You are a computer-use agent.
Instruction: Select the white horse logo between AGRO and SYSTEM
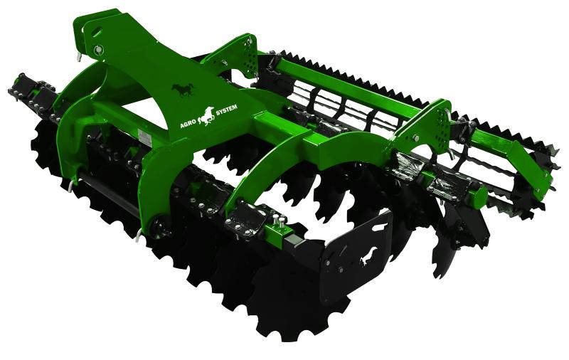pos(206,116)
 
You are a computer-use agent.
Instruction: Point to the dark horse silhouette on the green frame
pos(184,89)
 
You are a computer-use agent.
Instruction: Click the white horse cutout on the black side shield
pos(368,257)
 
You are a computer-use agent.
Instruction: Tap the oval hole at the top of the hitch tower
pos(97,31)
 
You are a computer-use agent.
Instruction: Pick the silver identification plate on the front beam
pos(145,137)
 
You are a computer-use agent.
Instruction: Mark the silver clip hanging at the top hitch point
pos(80,57)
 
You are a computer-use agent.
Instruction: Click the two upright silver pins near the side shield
pos(278,221)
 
